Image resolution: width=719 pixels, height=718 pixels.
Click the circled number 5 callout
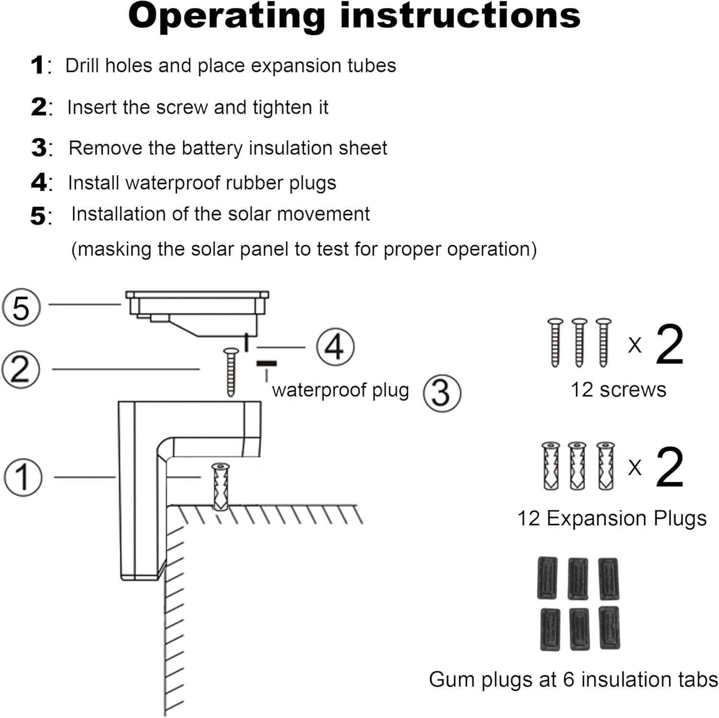pos(22,307)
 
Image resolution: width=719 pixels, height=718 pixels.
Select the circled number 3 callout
pos(442,393)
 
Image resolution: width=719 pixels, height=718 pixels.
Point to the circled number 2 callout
pos(21,369)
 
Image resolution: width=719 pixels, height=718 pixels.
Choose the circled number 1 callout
pos(23,477)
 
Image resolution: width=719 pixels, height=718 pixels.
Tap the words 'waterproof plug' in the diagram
pos(340,390)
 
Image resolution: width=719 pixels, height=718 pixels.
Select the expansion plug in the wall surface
pos(220,487)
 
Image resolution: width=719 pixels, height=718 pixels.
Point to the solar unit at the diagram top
pos(197,311)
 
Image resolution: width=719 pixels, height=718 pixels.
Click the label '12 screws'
pos(618,390)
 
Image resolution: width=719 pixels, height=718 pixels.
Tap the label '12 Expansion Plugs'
pos(612,519)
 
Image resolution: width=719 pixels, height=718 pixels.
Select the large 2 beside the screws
pos(669,344)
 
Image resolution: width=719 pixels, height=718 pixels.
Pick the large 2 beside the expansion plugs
pos(669,467)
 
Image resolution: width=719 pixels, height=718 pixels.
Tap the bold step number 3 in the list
pos(39,148)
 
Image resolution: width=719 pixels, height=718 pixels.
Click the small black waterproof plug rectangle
pos(267,364)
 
